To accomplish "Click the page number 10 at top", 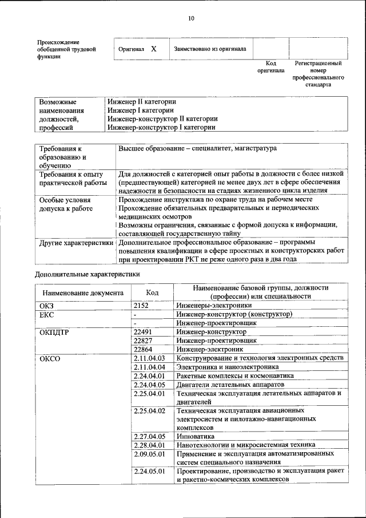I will (191, 18).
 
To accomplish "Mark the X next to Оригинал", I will (153, 49).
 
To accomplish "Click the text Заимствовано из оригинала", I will (210, 49).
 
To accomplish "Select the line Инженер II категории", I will (141, 101).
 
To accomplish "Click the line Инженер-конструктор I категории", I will (161, 128).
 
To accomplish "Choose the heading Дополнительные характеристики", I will (87, 274).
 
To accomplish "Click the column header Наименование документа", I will (82, 292).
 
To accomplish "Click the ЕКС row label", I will (46, 314).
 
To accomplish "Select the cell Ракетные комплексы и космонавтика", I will (227, 375).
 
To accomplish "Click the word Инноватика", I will (196, 436).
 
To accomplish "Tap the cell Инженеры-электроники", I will (206, 306).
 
